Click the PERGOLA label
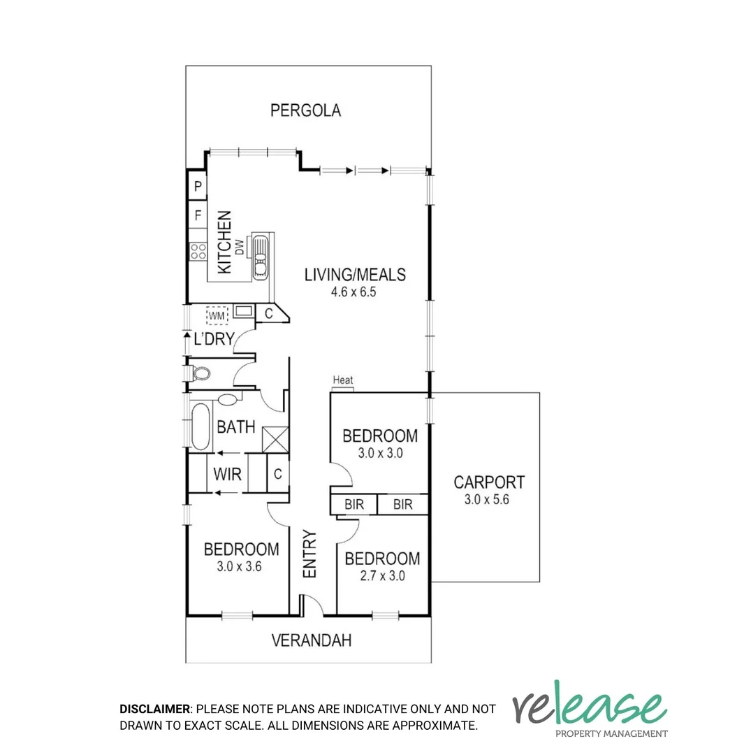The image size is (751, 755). pyautogui.click(x=305, y=110)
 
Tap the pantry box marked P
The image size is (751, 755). pyautogui.click(x=198, y=187)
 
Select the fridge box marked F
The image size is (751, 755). pyautogui.click(x=198, y=216)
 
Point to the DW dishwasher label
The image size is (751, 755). pyautogui.click(x=240, y=247)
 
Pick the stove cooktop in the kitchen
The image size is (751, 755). pyautogui.click(x=197, y=250)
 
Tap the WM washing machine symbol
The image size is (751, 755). pyautogui.click(x=217, y=316)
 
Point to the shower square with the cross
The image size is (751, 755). pyautogui.click(x=275, y=439)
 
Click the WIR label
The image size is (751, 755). pyautogui.click(x=228, y=475)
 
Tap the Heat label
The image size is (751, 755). pyautogui.click(x=342, y=380)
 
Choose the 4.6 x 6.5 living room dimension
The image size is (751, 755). pyautogui.click(x=353, y=292)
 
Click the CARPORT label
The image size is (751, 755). pyautogui.click(x=488, y=482)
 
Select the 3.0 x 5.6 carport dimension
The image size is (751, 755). pyautogui.click(x=488, y=500)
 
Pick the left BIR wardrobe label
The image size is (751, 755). pyautogui.click(x=354, y=504)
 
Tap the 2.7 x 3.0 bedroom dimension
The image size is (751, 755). pyautogui.click(x=381, y=577)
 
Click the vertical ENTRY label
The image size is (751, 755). pyautogui.click(x=309, y=554)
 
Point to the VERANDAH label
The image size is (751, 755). pyautogui.click(x=311, y=640)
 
